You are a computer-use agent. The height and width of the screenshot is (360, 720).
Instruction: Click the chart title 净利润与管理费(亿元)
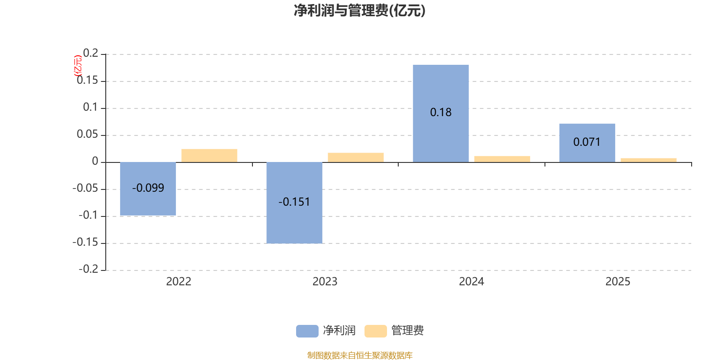point(360,11)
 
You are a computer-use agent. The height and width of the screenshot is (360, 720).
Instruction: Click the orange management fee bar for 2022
point(209,156)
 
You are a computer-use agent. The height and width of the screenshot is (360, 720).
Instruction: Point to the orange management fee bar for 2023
point(355,157)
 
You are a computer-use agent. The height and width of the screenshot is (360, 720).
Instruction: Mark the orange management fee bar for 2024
point(502,159)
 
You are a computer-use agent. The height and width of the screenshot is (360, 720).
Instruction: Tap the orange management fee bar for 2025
point(648,160)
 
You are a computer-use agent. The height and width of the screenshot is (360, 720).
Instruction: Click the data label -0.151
point(294,202)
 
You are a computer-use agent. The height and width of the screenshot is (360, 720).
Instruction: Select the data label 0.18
point(441,112)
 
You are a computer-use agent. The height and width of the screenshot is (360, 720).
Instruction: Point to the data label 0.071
point(587,142)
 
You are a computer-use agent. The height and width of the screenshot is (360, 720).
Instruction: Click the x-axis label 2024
point(471,282)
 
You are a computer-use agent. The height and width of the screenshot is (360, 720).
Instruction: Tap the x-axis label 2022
point(179,282)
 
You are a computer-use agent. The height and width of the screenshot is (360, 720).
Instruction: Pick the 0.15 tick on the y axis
point(87,81)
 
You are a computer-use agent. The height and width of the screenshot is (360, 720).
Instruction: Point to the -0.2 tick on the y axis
point(88,269)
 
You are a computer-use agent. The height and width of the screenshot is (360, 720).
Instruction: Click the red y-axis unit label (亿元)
point(78,66)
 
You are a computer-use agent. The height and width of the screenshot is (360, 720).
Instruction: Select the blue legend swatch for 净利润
point(307,331)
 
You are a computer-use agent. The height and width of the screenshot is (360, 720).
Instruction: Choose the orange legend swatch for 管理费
point(375,331)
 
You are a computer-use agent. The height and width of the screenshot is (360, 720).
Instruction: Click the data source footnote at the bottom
point(360,355)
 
